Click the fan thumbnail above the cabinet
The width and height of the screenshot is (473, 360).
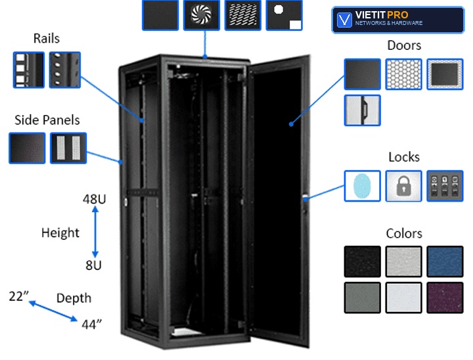tap(202, 15)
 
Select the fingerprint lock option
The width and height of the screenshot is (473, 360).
tap(362, 186)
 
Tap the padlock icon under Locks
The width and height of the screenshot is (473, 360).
tap(403, 186)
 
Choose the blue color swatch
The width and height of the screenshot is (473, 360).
tap(445, 261)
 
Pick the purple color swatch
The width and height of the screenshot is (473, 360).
tap(445, 298)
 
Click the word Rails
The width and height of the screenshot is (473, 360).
tap(47, 39)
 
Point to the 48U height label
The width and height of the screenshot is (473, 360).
tap(95, 199)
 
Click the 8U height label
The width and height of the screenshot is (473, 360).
tap(93, 265)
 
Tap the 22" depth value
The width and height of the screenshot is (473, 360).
tap(18, 296)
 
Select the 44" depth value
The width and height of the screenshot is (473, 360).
tap(92, 325)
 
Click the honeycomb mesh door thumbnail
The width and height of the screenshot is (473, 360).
tap(403, 74)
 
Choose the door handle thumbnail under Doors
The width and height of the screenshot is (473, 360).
tap(362, 110)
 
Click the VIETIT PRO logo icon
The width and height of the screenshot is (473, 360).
tap(344, 20)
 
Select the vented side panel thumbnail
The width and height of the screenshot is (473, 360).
tap(68, 148)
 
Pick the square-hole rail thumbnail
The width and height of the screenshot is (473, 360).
tap(29, 70)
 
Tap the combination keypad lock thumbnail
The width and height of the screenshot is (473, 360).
tap(445, 186)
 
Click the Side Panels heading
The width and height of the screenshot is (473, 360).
tap(47, 120)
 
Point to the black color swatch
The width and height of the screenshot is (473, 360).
tap(362, 261)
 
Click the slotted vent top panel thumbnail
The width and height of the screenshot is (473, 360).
tap(243, 15)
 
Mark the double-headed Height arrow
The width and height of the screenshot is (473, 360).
tap(95, 232)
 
